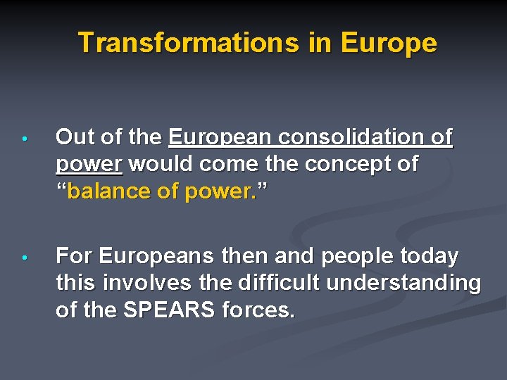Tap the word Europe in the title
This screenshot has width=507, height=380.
(389, 43)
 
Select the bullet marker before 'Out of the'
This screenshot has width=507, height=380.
(23, 139)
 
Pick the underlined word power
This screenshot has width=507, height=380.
(89, 164)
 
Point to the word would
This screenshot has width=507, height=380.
(160, 164)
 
